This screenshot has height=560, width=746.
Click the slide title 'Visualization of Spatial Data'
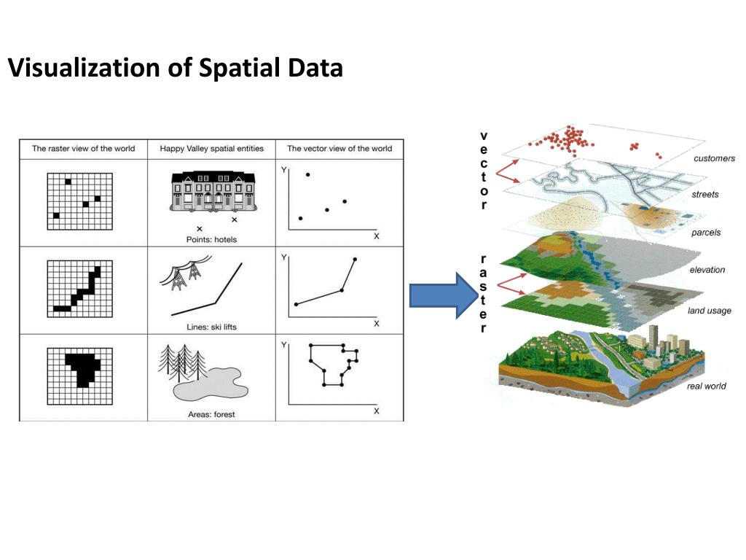click(175, 69)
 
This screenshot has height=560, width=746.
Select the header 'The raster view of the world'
click(83, 149)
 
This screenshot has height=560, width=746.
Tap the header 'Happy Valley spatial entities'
click(211, 149)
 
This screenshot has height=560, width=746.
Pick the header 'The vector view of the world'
click(339, 149)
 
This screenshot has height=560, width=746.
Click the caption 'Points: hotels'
click(211, 239)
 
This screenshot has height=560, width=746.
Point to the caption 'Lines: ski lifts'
click(211, 327)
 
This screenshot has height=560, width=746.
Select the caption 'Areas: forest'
click(211, 414)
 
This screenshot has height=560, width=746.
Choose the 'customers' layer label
click(714, 158)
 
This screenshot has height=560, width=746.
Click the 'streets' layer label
click(704, 195)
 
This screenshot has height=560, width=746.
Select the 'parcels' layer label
click(706, 233)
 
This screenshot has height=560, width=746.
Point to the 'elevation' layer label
click(707, 270)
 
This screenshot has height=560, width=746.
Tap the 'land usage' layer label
click(709, 311)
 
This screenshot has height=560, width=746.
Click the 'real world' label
click(706, 386)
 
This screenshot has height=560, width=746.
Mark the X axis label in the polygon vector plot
click(377, 411)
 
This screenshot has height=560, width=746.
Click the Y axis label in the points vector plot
click(283, 169)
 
